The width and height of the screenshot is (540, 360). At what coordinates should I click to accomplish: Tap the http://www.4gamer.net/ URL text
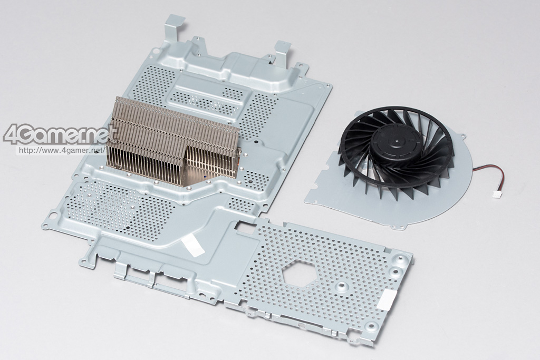pos(61,150)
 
